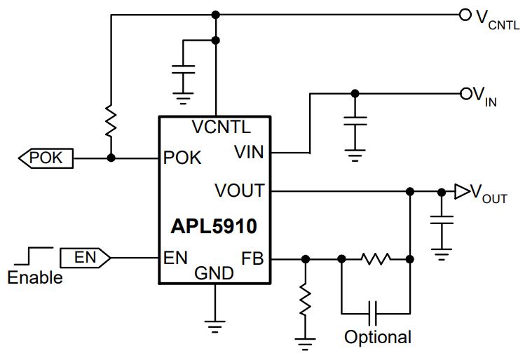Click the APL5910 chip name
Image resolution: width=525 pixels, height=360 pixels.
coord(214,226)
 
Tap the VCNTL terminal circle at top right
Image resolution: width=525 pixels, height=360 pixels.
coord(465,15)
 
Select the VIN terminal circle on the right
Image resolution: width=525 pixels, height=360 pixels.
coord(466,94)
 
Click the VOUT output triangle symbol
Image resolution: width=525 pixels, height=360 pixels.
coord(462,192)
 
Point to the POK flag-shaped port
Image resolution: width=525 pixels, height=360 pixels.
coord(46,158)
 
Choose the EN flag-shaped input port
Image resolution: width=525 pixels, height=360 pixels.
coord(85,258)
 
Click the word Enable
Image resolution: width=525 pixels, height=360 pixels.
coord(35,277)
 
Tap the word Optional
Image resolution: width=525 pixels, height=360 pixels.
coord(378,337)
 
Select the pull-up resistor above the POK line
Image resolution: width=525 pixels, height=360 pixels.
coord(111,120)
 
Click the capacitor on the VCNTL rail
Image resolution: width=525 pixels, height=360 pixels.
coord(183,69)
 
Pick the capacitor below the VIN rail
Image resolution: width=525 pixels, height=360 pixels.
coord(355,121)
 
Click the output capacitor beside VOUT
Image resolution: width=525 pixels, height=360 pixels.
coord(442,220)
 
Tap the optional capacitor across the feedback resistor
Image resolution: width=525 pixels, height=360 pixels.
coord(373,314)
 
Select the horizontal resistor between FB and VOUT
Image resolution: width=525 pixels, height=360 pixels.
coord(376,259)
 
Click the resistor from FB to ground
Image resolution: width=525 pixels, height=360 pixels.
coord(305,299)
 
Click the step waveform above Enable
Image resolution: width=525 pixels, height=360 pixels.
coord(34,256)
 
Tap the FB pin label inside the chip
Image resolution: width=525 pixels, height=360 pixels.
coord(252,258)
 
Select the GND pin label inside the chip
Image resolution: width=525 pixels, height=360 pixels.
coord(214,273)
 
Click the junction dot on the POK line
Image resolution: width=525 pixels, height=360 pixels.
coord(111,158)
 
